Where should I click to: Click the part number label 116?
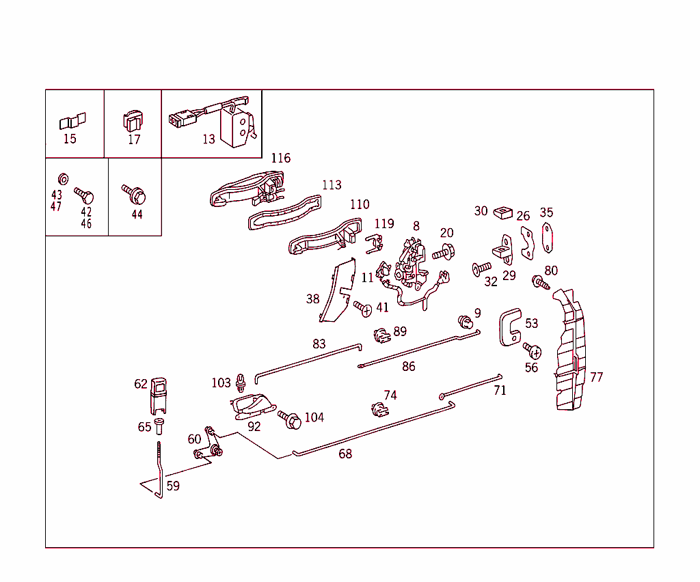click(280, 158)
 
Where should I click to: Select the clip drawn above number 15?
click(72, 122)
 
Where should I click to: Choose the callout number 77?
click(596, 377)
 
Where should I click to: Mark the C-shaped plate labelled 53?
click(510, 327)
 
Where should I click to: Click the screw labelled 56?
click(533, 351)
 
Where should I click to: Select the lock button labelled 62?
click(159, 395)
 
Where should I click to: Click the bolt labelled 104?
click(289, 419)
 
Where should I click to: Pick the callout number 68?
click(346, 454)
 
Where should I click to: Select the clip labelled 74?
click(377, 409)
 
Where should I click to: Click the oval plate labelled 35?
click(547, 238)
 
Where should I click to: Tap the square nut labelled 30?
click(502, 212)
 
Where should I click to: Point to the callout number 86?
click(408, 367)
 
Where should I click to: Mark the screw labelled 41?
click(363, 309)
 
